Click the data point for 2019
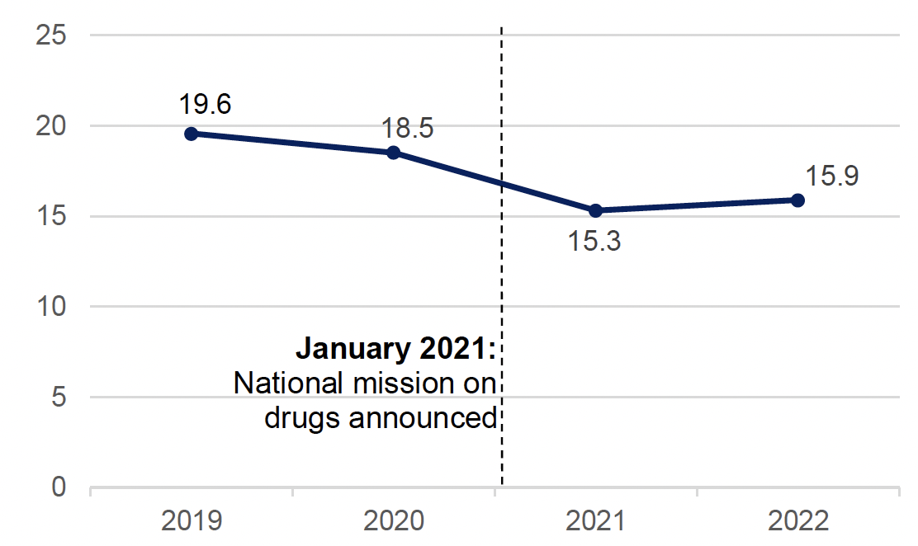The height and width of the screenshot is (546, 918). [x=191, y=134]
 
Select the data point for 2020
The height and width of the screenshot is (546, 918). [x=394, y=153]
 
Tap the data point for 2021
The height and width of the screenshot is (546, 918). [x=595, y=210]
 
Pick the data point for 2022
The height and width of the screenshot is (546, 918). [x=797, y=200]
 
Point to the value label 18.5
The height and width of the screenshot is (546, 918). [x=407, y=129]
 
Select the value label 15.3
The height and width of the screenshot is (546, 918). [x=594, y=242]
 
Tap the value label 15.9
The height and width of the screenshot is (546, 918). [x=832, y=176]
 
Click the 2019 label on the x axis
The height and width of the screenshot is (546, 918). [x=191, y=521]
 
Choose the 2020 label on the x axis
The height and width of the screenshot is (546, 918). [x=394, y=521]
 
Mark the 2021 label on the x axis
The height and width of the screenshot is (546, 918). [x=595, y=521]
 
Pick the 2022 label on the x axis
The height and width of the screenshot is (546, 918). [x=797, y=521]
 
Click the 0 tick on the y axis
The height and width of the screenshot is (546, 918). [x=59, y=487]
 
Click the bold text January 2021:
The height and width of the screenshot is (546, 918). [x=395, y=349]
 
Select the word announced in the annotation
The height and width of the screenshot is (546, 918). [x=424, y=418]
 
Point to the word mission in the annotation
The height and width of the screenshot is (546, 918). [x=395, y=384]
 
